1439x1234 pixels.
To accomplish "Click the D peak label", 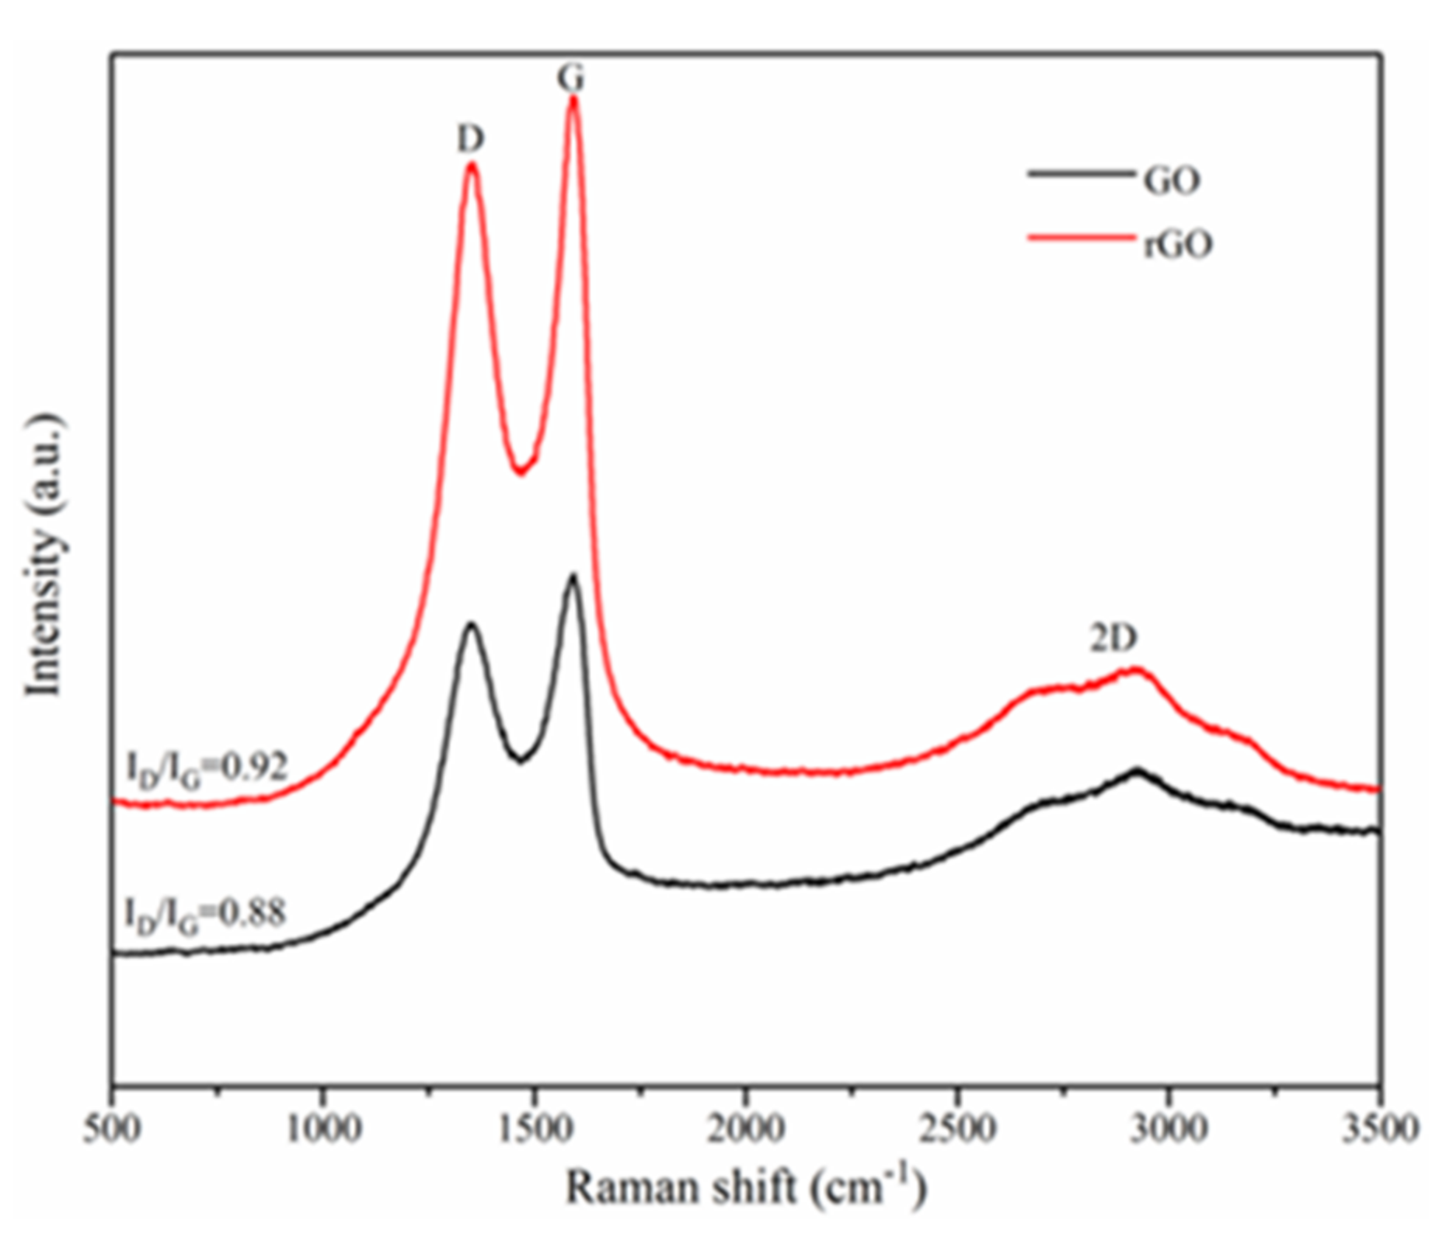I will tap(470, 139).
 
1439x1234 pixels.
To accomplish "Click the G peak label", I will tap(571, 78).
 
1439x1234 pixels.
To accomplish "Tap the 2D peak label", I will tap(1113, 638).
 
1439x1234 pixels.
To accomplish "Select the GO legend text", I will tap(1172, 180).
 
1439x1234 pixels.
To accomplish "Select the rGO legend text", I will tap(1178, 245).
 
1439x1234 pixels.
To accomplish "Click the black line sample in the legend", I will tap(1079, 174).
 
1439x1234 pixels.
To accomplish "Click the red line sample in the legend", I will tap(1079, 237).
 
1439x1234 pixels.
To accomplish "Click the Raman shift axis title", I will tap(746, 1187).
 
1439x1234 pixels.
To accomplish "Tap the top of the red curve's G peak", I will tap(573, 98).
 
